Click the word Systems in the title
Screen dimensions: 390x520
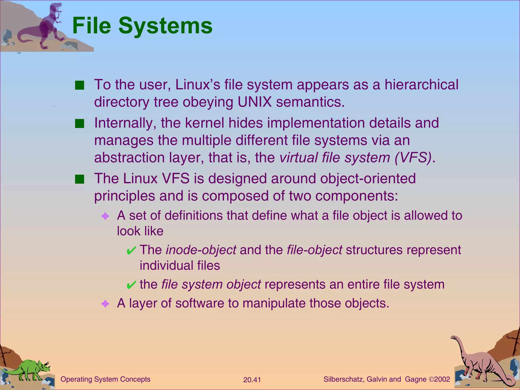(x=165, y=26)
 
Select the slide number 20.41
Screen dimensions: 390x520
(x=252, y=380)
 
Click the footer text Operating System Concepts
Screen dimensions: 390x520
(x=105, y=379)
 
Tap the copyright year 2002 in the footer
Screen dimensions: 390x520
(x=442, y=379)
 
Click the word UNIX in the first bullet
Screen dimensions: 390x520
(x=255, y=102)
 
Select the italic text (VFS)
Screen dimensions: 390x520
(x=413, y=157)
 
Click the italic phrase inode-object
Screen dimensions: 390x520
(x=201, y=250)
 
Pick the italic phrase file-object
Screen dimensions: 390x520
(x=314, y=250)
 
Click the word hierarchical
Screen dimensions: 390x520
(x=421, y=85)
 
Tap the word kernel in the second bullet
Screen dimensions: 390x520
(x=205, y=123)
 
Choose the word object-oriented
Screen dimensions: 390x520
(x=368, y=178)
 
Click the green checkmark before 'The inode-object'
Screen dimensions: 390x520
(x=131, y=251)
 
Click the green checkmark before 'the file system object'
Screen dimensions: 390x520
(x=131, y=285)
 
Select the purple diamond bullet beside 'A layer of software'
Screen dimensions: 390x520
(x=105, y=304)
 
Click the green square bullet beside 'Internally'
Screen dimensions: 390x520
(x=79, y=124)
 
